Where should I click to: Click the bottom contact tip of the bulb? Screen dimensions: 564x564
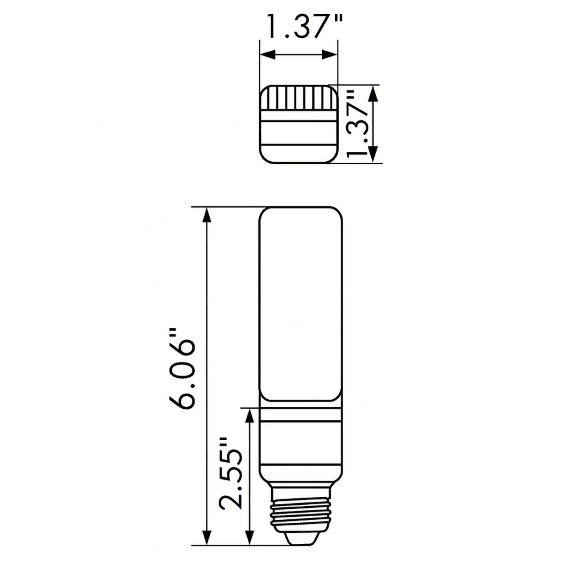pos(301,538)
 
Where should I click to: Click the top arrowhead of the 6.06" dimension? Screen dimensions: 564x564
pos(207,215)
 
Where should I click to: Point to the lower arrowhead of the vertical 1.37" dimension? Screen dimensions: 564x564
pos(373,155)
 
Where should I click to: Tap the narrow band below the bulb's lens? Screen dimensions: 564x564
pos(301,415)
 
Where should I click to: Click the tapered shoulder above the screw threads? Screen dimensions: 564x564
pos(301,478)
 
